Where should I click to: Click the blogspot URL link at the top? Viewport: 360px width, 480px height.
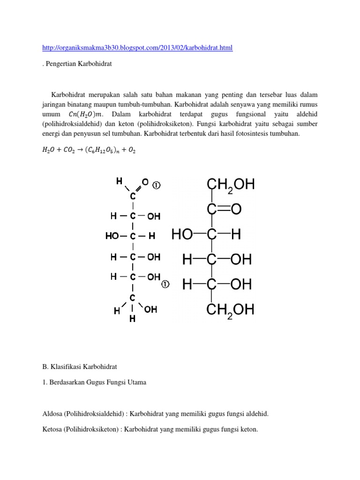coord(137,48)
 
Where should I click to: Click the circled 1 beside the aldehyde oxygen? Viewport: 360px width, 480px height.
coord(157,185)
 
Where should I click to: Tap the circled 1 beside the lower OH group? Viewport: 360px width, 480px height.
coord(165,284)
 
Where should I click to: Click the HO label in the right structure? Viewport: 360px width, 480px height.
coord(182,234)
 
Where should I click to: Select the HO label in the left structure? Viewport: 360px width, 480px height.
coord(112,237)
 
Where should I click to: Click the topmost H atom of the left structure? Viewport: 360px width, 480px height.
coord(119,180)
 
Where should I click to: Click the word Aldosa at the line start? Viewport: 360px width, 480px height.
coord(52,414)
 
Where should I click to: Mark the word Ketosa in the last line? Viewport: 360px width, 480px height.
coord(52,429)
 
